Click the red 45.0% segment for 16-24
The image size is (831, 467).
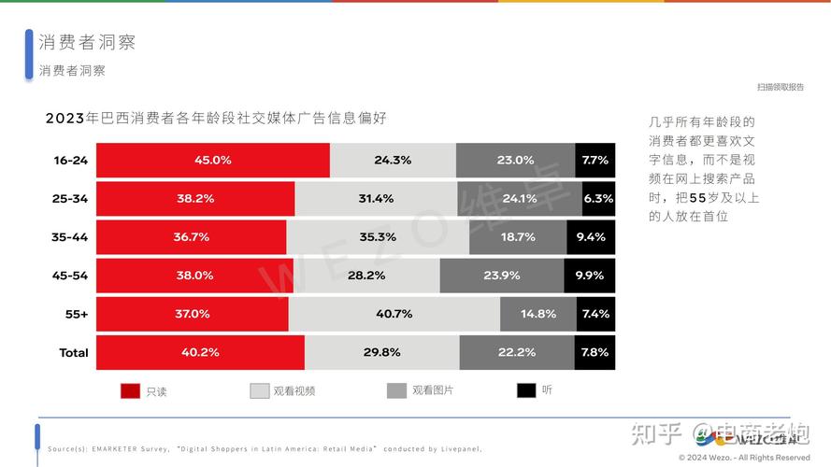pyautogui.click(x=213, y=160)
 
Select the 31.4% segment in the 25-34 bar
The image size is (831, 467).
pyautogui.click(x=376, y=199)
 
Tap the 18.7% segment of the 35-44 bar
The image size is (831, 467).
pyautogui.click(x=518, y=237)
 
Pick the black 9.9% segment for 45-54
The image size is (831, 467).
pyautogui.click(x=590, y=276)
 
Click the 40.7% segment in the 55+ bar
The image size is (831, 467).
pyautogui.click(x=394, y=314)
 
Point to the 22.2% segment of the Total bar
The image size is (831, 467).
pyautogui.click(x=517, y=352)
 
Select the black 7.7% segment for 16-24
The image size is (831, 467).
pyautogui.click(x=595, y=160)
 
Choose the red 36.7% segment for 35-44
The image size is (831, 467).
pyautogui.click(x=192, y=237)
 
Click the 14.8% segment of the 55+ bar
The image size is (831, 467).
pyautogui.click(x=538, y=314)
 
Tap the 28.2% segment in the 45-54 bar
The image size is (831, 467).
pyautogui.click(x=366, y=276)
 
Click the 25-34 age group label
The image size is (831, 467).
pyautogui.click(x=70, y=199)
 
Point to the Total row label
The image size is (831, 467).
pyautogui.click(x=74, y=352)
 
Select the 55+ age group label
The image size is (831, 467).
pyautogui.click(x=77, y=314)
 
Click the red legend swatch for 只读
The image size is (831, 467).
pyautogui.click(x=130, y=391)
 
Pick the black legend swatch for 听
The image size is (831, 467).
pyautogui.click(x=526, y=390)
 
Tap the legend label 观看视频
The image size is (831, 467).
pyautogui.click(x=294, y=391)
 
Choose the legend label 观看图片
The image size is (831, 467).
pyautogui.click(x=433, y=390)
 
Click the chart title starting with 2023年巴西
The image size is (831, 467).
pyautogui.click(x=216, y=119)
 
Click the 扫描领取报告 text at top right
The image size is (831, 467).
pyautogui.click(x=780, y=87)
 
